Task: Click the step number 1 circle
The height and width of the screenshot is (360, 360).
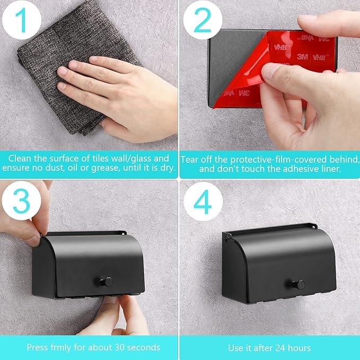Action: pos(22,20)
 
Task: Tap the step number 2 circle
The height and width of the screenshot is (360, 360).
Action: pos(203,20)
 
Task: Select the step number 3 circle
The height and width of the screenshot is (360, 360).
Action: pos(21,201)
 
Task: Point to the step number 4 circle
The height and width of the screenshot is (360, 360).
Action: pos(203,201)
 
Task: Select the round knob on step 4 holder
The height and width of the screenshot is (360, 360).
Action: pos(298,285)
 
